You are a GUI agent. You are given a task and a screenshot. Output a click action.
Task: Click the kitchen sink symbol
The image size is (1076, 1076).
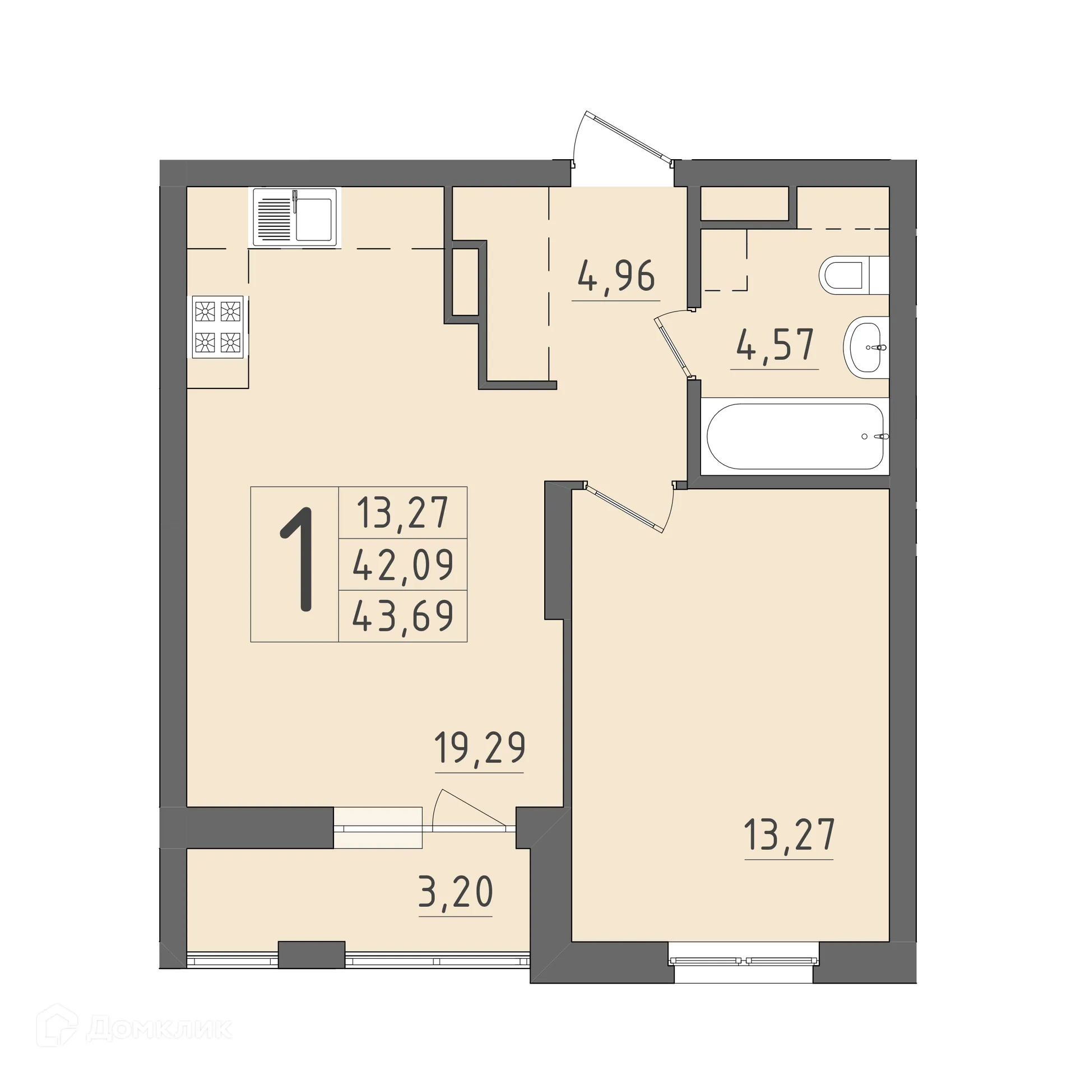tap(295, 217)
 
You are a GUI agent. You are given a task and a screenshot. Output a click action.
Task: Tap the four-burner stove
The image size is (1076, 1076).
tap(217, 327)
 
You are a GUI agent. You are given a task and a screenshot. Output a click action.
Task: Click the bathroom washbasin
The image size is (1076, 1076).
tap(866, 347)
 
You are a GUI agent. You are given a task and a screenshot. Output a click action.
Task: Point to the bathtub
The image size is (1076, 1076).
tap(795, 436)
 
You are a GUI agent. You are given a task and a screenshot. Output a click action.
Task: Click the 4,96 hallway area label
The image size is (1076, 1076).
tap(616, 276)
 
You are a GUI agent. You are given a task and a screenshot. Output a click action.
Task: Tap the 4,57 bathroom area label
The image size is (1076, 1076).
tap(775, 345)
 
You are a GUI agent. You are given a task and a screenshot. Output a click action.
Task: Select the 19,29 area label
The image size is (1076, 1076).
tap(480, 748)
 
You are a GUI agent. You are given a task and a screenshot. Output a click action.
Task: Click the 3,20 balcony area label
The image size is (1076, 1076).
tap(456, 892)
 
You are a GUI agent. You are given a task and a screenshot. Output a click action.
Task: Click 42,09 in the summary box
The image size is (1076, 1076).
tap(403, 565)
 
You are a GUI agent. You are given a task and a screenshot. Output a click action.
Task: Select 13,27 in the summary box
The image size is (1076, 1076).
tap(403, 513)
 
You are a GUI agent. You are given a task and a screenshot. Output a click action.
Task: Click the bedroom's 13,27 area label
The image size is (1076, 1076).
tap(789, 835)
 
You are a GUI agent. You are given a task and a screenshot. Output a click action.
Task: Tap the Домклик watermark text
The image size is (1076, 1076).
tap(160, 1029)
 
